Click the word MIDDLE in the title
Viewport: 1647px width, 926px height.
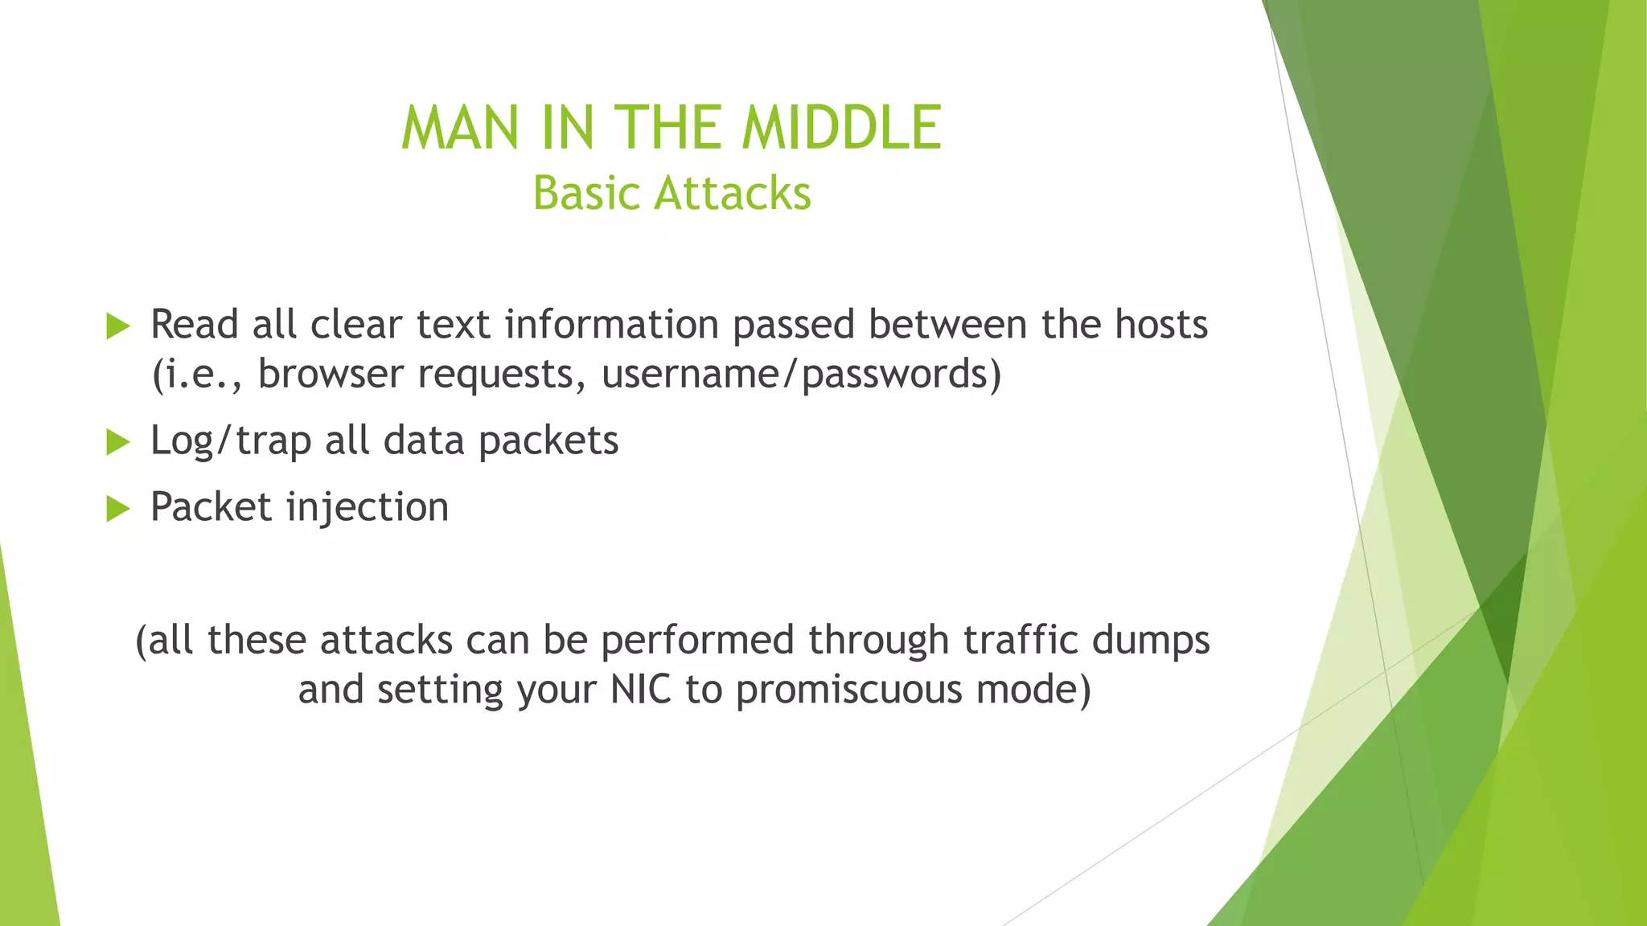point(840,129)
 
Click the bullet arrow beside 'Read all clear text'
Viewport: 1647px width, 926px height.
point(118,326)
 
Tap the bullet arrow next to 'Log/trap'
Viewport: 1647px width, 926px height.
point(118,442)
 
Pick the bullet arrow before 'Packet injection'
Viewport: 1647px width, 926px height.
point(118,509)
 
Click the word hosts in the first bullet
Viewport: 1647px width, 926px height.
point(1160,325)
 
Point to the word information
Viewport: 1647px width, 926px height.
point(611,325)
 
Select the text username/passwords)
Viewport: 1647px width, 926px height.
point(801,375)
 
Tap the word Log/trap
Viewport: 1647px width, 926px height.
point(231,441)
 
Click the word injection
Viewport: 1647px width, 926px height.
point(368,508)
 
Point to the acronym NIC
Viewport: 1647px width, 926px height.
point(640,690)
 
